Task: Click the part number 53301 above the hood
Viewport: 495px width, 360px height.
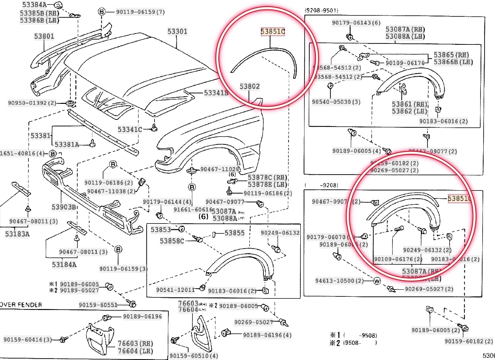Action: (177, 32)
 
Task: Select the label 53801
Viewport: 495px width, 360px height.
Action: (44, 35)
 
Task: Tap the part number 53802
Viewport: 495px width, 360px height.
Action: (249, 87)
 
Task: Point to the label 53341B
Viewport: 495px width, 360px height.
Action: (216, 93)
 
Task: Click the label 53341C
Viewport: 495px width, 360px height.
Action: (130, 129)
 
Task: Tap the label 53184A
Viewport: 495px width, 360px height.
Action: (64, 265)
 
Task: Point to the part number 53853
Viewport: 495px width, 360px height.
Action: (161, 230)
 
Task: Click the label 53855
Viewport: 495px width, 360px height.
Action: (234, 233)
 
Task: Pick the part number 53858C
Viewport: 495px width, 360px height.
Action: (172, 241)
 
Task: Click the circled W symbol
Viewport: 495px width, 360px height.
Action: (377, 281)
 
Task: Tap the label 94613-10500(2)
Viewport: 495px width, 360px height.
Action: (339, 281)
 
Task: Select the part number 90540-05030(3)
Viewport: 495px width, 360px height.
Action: (336, 101)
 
